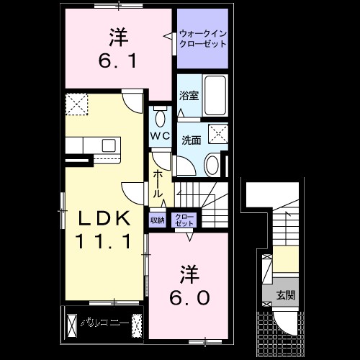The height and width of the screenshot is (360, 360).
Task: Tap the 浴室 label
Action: click(189, 94)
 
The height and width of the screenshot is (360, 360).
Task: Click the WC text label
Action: click(160, 135)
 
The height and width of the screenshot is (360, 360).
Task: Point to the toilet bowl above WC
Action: click(160, 117)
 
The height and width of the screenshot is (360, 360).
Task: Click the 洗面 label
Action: click(190, 140)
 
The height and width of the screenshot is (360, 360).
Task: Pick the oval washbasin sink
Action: click(213, 164)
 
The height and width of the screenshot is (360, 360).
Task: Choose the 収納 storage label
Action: click(158, 220)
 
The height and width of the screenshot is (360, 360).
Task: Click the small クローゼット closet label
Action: click(184, 220)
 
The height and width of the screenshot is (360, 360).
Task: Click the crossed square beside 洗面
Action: click(215, 133)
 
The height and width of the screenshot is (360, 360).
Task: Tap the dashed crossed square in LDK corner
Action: click(77, 105)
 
